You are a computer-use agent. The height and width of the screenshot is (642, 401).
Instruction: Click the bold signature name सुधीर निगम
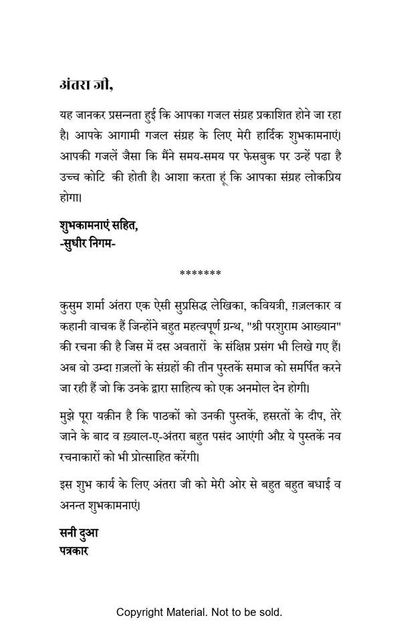[88, 244]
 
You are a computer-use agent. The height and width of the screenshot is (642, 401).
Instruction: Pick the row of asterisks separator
[200, 274]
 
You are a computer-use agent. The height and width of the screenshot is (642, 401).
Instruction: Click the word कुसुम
[72, 306]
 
